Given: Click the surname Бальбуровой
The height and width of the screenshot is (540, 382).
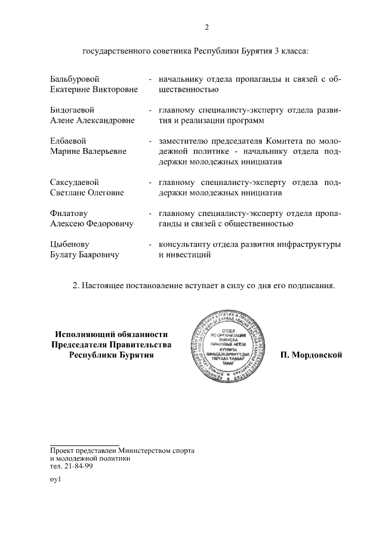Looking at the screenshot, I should tap(75, 79).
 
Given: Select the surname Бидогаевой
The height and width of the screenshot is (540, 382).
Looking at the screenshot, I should tap(72, 110).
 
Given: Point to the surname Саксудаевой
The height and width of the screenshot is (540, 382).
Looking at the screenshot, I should tap(74, 182).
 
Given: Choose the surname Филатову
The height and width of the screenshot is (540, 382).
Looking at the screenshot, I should tap(69, 213).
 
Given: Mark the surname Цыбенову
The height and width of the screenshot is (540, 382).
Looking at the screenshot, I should tap(70, 244).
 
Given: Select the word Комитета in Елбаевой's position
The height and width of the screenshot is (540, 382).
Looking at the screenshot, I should tap(284, 141).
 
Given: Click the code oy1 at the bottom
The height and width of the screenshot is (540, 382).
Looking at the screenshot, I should tap(56, 479).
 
